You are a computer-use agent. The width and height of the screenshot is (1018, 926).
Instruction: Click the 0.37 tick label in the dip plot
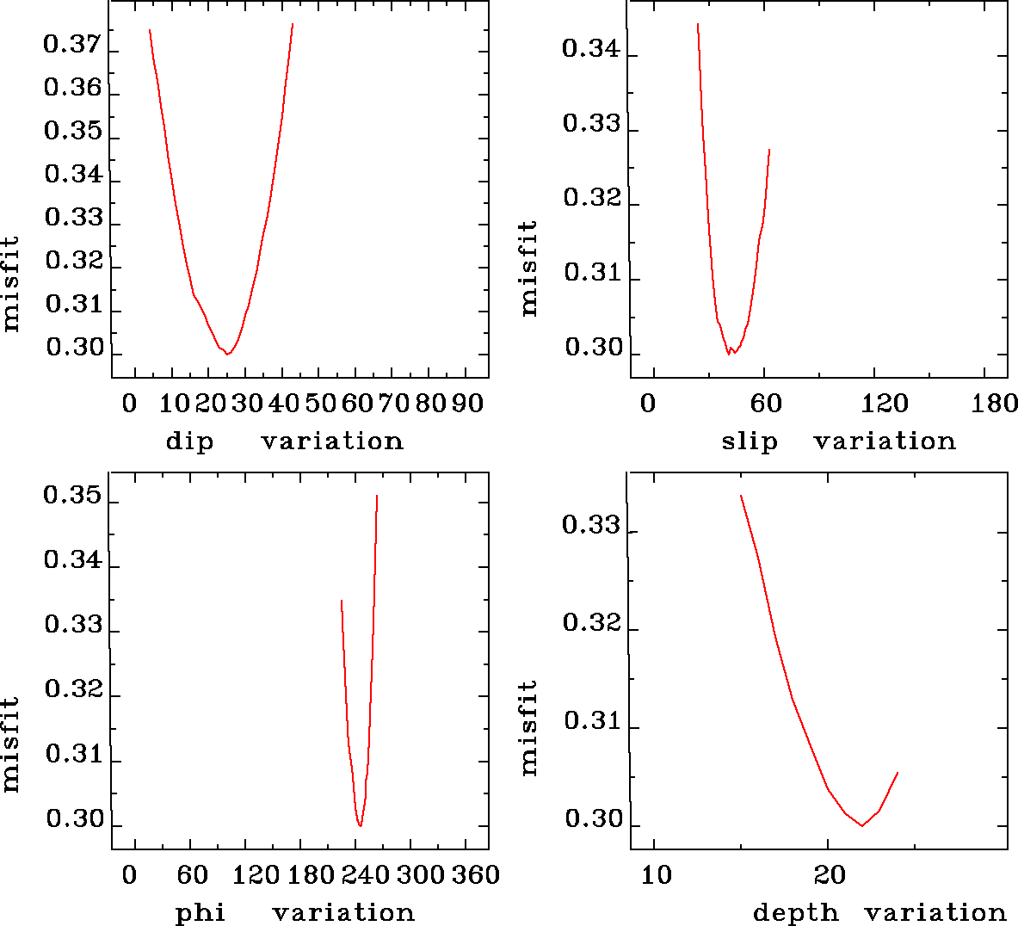click(72, 46)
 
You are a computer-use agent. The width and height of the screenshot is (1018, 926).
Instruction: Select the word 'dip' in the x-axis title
click(189, 441)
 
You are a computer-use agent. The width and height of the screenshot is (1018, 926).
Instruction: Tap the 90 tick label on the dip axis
click(467, 403)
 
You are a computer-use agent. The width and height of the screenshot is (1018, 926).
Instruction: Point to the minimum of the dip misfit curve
click(227, 354)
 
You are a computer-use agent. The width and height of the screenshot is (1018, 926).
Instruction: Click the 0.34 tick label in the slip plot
click(590, 48)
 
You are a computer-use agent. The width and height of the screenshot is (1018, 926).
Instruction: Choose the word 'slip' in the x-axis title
click(749, 441)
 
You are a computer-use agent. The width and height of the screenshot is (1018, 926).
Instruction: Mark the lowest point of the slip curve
click(729, 354)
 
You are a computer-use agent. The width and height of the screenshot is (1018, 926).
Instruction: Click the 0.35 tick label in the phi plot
click(72, 497)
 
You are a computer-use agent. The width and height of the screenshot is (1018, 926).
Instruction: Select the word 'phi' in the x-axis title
click(201, 912)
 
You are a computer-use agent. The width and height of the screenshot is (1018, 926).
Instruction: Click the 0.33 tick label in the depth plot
click(590, 525)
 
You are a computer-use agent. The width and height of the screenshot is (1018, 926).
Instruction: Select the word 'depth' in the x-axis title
click(795, 912)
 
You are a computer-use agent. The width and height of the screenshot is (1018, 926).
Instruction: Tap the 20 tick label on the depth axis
click(830, 875)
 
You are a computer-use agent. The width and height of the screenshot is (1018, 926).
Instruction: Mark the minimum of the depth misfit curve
click(862, 825)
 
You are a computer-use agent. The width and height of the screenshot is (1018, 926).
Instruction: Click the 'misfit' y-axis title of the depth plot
click(528, 727)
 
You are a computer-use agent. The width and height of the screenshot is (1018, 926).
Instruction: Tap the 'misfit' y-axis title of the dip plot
click(10, 284)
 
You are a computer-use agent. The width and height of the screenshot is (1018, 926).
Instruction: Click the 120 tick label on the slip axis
click(885, 403)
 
